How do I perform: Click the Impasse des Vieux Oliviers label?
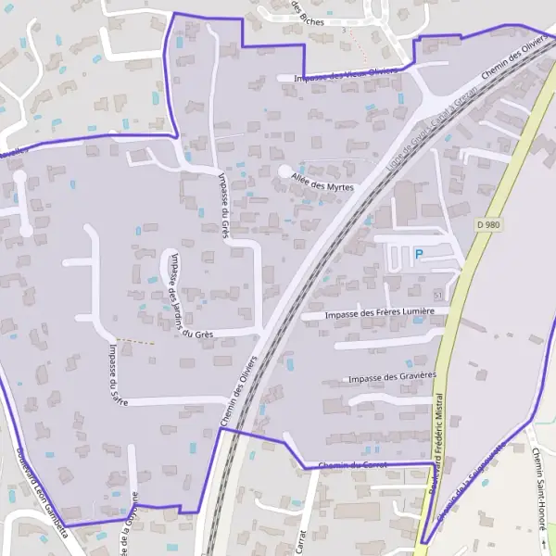(x=347, y=74)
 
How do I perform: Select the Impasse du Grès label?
(x=223, y=204)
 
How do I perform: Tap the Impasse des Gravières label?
(x=391, y=377)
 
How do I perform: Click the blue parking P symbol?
(x=418, y=253)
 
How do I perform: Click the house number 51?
(x=437, y=293)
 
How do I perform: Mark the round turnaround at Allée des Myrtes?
(x=284, y=172)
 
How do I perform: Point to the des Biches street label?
(x=308, y=13)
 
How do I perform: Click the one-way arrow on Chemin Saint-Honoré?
(x=542, y=538)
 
